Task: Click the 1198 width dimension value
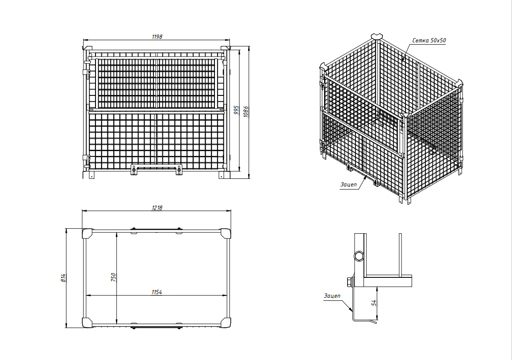[157, 37]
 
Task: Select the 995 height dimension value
[237, 110]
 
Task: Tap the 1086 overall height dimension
[246, 111]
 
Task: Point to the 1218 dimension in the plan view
[157, 208]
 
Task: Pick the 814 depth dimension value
[63, 278]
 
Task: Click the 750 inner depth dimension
[113, 277]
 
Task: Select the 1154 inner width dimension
[157, 292]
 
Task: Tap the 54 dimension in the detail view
[374, 303]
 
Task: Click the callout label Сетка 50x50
[429, 41]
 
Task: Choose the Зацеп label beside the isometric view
[348, 185]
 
